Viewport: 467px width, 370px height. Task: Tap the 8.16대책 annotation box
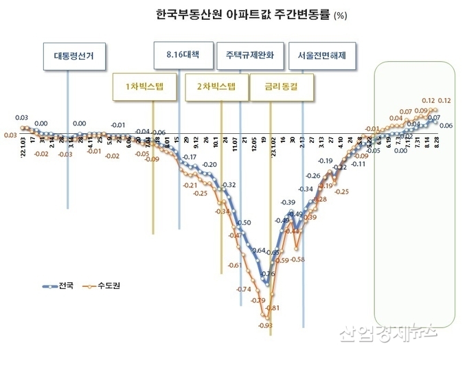[180, 53]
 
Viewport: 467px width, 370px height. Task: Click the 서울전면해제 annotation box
[321, 56]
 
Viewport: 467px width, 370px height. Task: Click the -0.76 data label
[268, 274]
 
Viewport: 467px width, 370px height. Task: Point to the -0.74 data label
[244, 289]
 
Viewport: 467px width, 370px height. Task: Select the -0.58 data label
[297, 259]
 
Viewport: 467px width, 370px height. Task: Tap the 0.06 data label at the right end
[445, 126]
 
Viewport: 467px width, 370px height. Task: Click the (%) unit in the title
[340, 15]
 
